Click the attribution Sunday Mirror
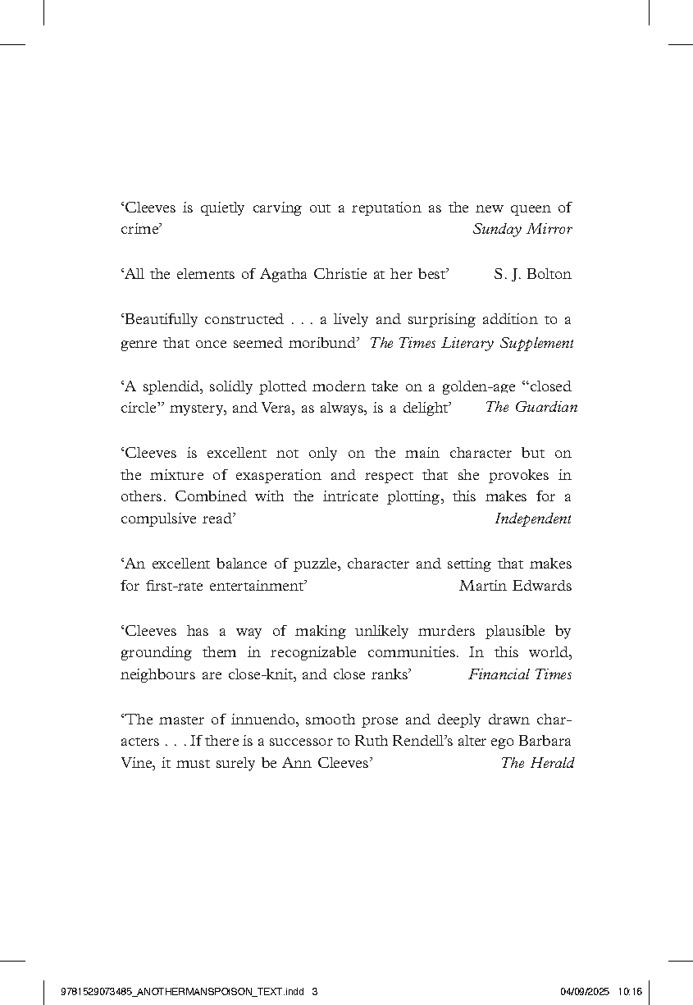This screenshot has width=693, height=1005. (522, 230)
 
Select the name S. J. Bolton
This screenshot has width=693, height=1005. (532, 275)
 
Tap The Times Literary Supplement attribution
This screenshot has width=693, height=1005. (472, 344)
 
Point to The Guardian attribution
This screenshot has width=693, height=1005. (531, 408)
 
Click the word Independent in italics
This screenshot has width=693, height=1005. (533, 518)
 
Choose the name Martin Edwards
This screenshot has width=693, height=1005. (515, 586)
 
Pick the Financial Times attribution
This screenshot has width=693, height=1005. (520, 675)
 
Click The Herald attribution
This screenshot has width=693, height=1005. (537, 764)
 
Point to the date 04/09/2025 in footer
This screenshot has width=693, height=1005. (585, 991)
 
